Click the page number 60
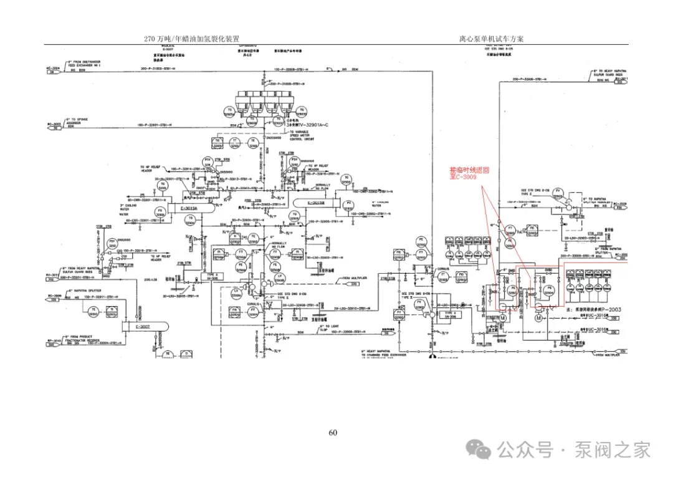[333, 433]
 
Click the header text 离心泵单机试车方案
[491, 39]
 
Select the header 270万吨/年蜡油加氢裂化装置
[192, 39]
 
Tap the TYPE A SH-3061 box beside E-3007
[214, 276]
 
